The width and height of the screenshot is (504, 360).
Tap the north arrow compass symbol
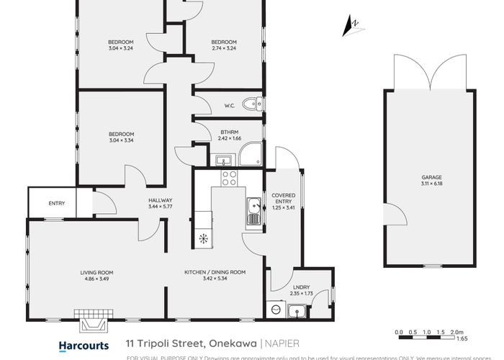[352, 25]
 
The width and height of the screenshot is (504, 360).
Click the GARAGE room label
[431, 177]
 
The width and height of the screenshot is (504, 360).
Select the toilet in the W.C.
[252, 104]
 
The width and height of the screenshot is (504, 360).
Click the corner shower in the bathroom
[251, 154]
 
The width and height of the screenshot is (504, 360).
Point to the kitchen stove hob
[229, 178]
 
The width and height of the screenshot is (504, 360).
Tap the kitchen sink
[253, 212]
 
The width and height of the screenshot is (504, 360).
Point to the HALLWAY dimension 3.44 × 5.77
[160, 207]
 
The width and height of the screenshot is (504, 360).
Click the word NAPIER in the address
[281, 345]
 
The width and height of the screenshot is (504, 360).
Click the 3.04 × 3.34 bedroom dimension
[121, 140]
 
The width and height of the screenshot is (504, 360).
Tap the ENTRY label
[56, 204]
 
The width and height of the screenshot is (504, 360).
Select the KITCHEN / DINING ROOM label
[215, 272]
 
